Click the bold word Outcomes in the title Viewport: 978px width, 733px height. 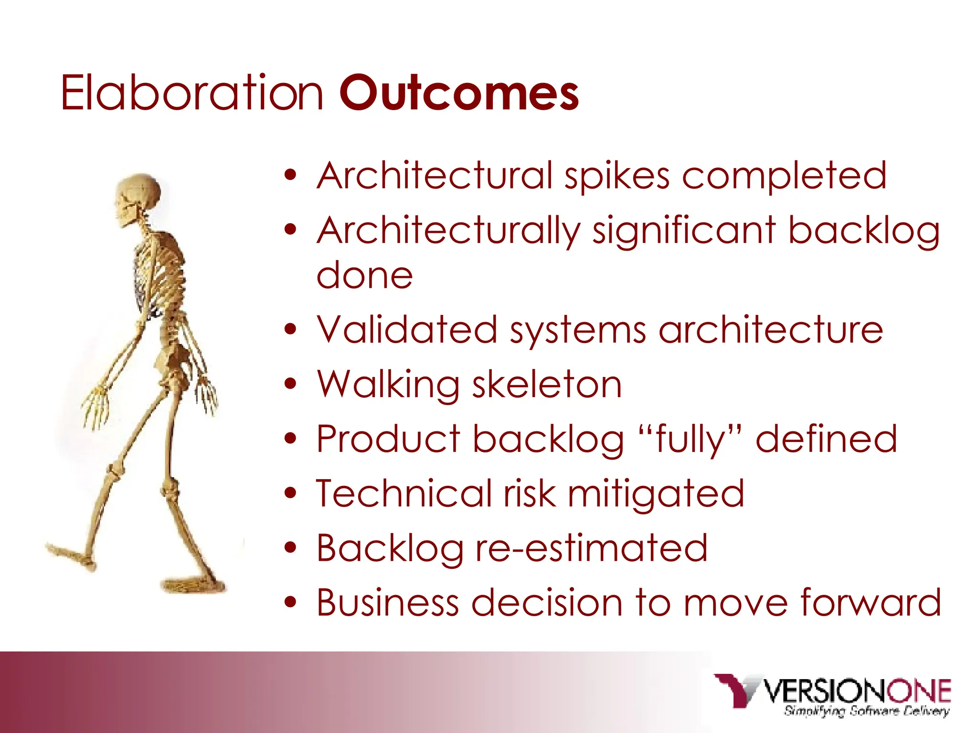(x=459, y=93)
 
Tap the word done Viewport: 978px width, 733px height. (x=364, y=276)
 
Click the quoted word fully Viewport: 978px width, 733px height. (x=690, y=439)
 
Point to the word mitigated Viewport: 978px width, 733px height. (x=656, y=494)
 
